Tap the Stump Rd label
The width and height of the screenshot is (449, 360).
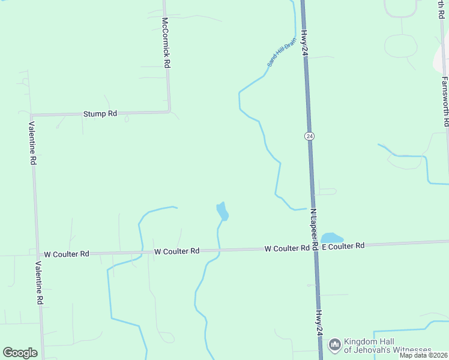pos(100,113)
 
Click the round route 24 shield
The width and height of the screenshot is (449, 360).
pos(309,136)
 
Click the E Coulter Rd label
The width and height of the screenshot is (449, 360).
pos(343,246)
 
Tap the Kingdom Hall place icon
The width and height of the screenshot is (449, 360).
pos(334,346)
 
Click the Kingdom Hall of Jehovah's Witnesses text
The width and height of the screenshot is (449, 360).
pos(388,346)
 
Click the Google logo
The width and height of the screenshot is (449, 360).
pos(20,353)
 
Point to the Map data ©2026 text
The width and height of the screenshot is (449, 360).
pos(423,355)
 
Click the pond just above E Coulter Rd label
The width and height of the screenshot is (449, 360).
pos(332,238)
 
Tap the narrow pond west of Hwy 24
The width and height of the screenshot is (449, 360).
pos(222,211)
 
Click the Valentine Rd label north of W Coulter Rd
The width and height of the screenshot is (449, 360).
pos(33,143)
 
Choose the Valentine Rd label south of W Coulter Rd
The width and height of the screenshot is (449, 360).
pos(39,283)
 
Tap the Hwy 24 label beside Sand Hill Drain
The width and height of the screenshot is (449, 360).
pos(304,43)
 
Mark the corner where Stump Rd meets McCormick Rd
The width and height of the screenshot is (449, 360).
pos(169,112)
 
